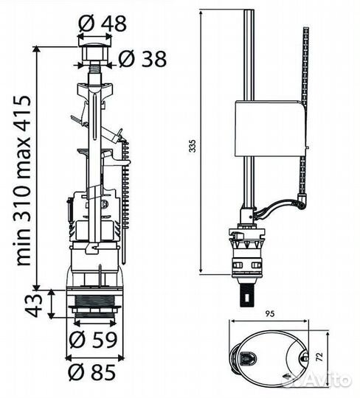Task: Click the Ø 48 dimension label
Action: (x=102, y=24)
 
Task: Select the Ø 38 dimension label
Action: (x=142, y=59)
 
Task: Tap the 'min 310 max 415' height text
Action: (x=24, y=181)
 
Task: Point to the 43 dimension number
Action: (x=33, y=306)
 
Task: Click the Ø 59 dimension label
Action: (x=93, y=340)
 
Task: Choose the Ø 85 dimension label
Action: (x=92, y=372)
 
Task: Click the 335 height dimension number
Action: (x=193, y=145)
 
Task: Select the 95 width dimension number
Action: (x=270, y=314)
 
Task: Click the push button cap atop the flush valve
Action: (x=94, y=53)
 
